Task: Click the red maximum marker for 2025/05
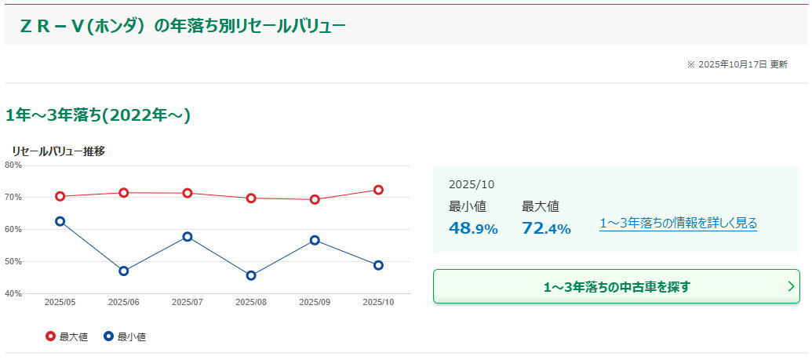tap(60, 196)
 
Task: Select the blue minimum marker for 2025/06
tap(124, 271)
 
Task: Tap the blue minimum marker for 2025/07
tap(188, 237)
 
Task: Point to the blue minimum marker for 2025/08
tap(251, 276)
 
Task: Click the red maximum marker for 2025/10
tap(378, 190)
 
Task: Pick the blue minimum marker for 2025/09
tap(315, 240)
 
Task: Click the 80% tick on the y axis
tap(13, 165)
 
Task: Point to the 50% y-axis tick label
tap(13, 261)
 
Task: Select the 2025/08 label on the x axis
tap(251, 302)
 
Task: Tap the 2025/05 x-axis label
tap(60, 302)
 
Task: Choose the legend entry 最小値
tap(125, 337)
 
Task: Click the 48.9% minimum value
tap(473, 229)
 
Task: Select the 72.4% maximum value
tap(546, 229)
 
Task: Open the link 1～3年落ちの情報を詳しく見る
tap(678, 224)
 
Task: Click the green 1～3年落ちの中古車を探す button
tap(616, 286)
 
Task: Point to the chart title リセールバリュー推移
tap(58, 151)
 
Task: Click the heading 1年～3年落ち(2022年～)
tap(98, 115)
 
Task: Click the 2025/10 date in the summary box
tap(472, 184)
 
